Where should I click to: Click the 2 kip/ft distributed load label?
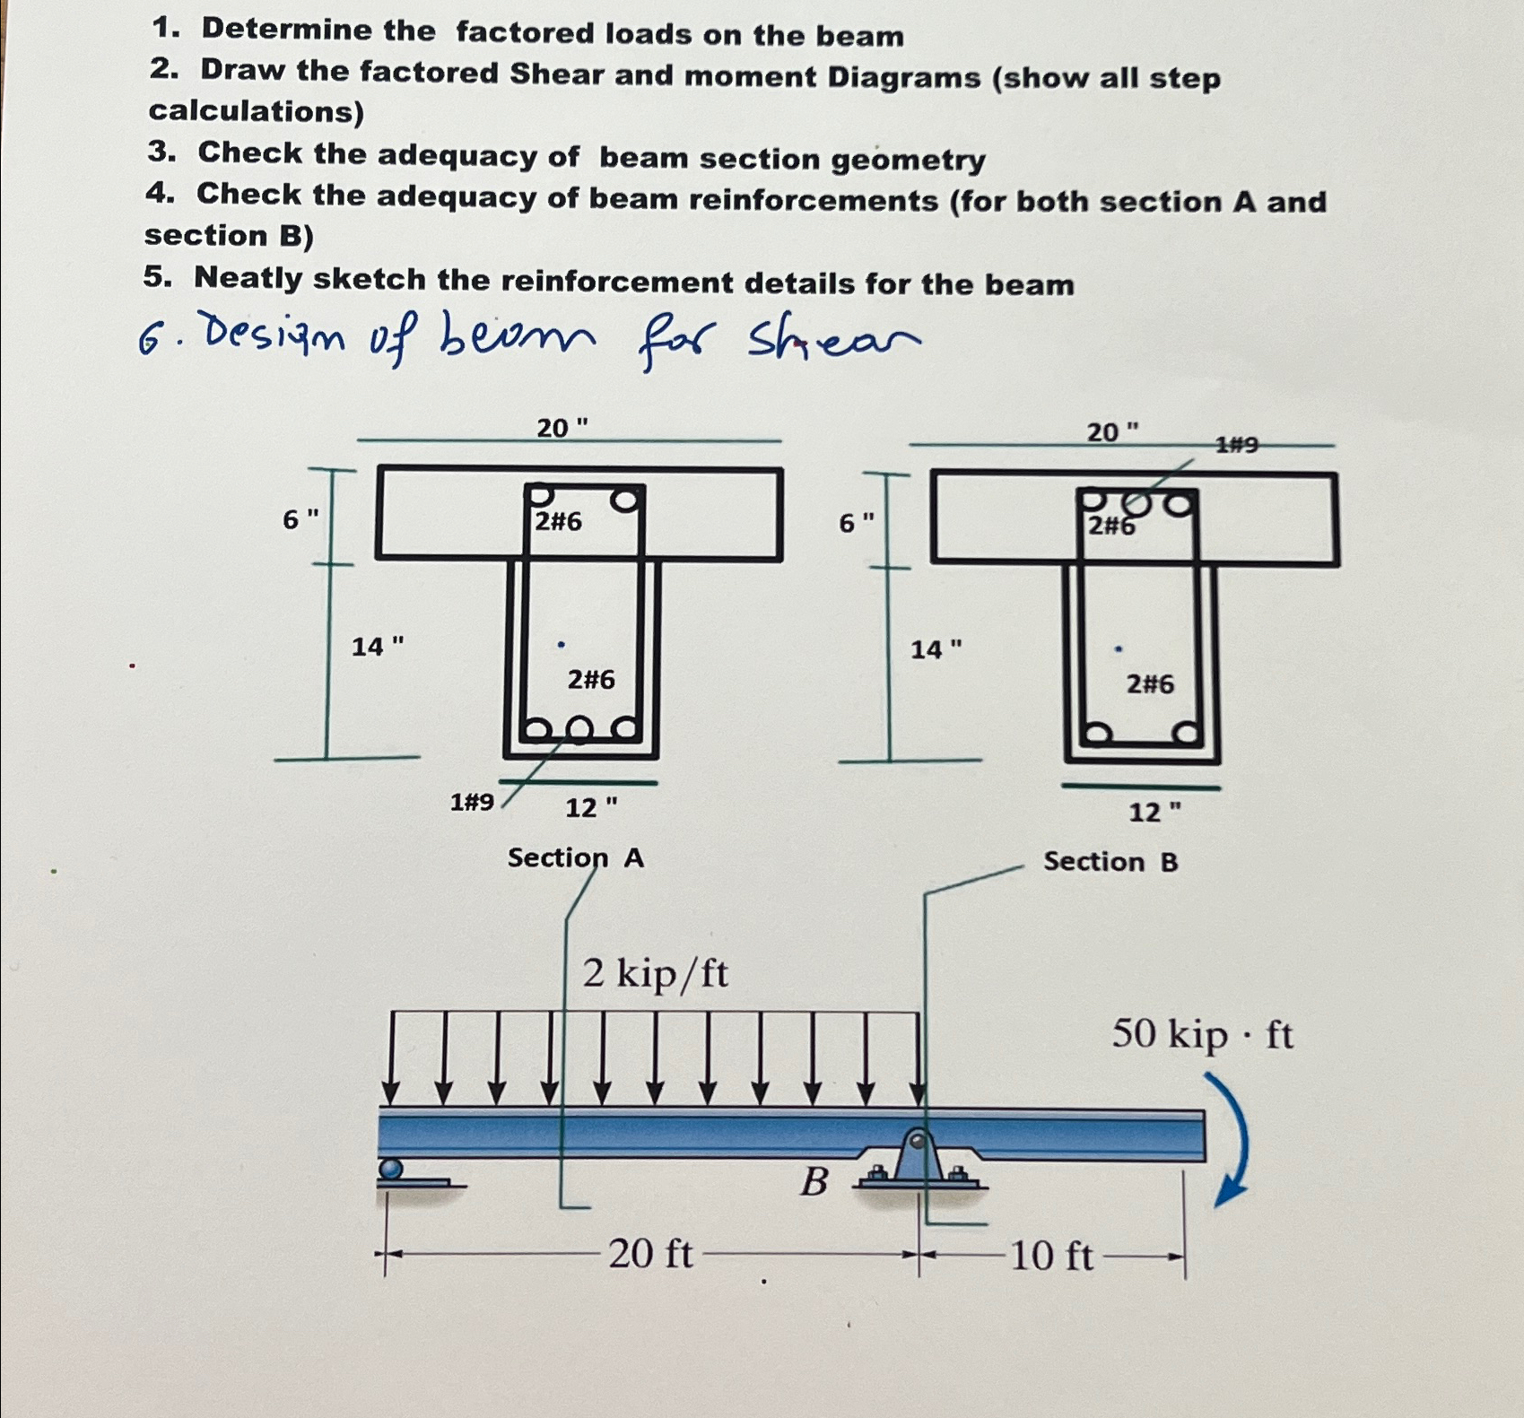pos(655,973)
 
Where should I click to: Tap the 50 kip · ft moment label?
pos(1202,1035)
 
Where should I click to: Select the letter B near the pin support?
pos(814,1182)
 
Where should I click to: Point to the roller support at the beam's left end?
pos(391,1170)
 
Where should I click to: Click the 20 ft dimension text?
pos(650,1253)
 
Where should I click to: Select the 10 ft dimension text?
pos(1051,1256)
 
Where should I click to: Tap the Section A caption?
pos(575,858)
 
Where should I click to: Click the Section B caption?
pos(1110,862)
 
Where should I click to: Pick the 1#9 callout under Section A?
pos(472,802)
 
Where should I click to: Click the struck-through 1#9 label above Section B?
pos(1237,444)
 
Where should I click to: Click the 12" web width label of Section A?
pos(590,808)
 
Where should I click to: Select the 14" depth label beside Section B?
pos(936,649)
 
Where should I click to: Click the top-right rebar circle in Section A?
pos(628,498)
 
